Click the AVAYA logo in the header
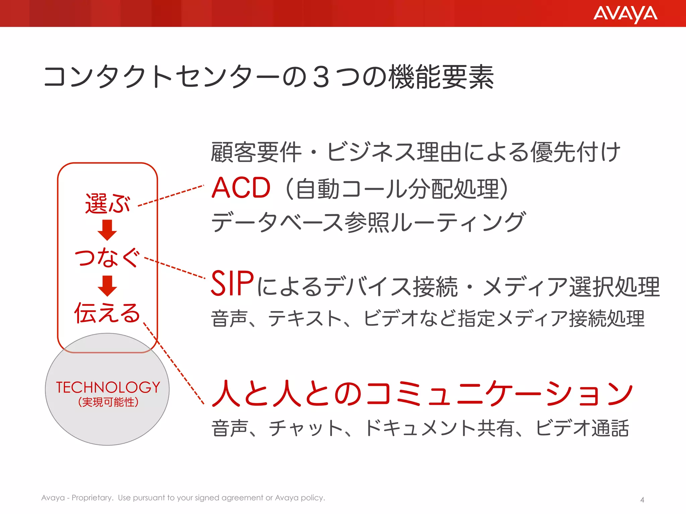[625, 14]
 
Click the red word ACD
[241, 188]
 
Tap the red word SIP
[232, 284]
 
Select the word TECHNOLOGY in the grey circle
[108, 388]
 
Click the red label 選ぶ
[107, 203]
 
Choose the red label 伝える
[107, 313]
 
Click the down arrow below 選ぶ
[107, 230]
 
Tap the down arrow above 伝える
[107, 286]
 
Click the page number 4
[642, 500]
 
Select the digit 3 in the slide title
[321, 77]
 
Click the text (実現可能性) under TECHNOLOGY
[108, 402]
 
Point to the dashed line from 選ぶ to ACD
[171, 195]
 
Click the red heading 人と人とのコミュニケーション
[422, 394]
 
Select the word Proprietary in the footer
[92, 498]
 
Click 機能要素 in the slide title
[441, 77]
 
